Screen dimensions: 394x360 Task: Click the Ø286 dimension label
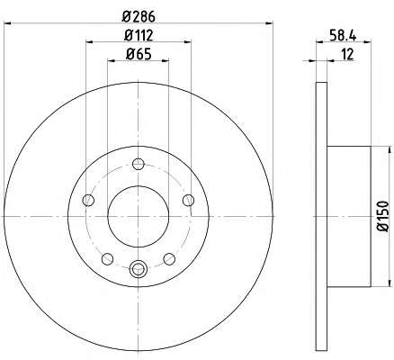click(x=139, y=17)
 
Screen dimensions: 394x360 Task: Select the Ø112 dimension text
click(x=139, y=35)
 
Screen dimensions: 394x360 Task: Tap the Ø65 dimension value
click(x=139, y=54)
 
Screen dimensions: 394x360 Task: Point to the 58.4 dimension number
click(x=344, y=36)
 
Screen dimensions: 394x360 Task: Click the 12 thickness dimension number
click(x=347, y=54)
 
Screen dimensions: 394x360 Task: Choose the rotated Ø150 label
click(x=383, y=216)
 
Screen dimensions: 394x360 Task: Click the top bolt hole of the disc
click(x=139, y=164)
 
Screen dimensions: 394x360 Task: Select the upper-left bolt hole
click(x=88, y=200)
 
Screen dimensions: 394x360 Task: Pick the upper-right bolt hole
click(x=188, y=200)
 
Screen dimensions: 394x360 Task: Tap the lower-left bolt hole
click(x=107, y=259)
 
